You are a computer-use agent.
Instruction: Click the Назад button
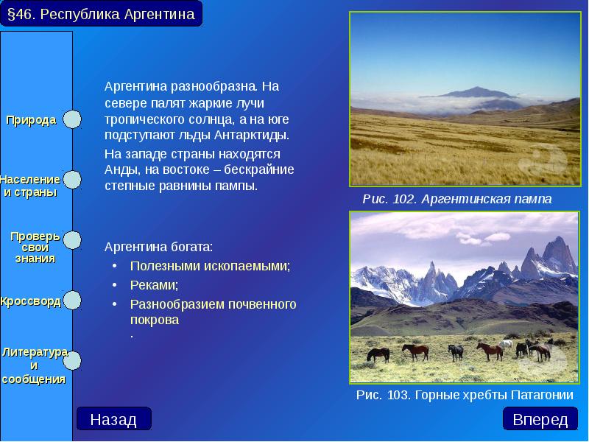click(x=113, y=419)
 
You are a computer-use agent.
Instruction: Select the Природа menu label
click(x=32, y=120)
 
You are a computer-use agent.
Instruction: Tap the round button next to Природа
click(x=72, y=119)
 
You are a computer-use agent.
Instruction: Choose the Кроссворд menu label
click(x=31, y=301)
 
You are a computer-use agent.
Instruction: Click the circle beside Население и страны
click(x=72, y=180)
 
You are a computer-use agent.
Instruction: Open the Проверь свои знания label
click(x=35, y=247)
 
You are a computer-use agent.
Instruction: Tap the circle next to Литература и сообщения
click(x=72, y=359)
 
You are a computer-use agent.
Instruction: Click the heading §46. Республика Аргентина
click(x=101, y=14)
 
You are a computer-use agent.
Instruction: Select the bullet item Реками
click(x=154, y=285)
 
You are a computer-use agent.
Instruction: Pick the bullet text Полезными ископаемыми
click(x=210, y=266)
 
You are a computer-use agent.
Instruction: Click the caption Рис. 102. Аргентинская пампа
click(x=456, y=199)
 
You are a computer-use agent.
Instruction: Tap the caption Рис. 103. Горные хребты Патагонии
click(x=464, y=395)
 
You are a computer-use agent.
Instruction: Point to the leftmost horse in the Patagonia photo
click(x=378, y=354)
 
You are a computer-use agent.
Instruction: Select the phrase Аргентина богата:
click(x=158, y=246)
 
